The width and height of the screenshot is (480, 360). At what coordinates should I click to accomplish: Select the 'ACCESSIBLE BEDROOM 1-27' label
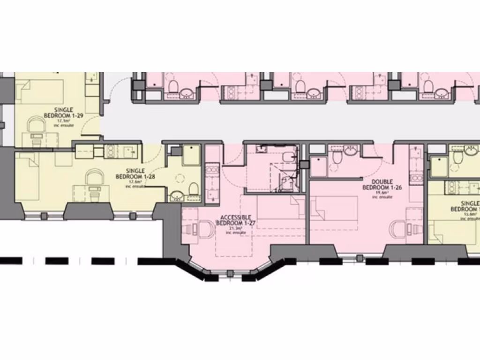[236, 220]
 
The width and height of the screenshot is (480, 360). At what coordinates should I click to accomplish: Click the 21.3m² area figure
[236, 228]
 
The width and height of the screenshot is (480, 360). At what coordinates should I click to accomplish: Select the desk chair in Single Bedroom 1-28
[95, 177]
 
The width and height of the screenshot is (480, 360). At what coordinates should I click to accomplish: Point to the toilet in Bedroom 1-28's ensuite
[192, 189]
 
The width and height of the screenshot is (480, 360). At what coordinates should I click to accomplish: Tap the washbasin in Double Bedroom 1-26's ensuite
[350, 150]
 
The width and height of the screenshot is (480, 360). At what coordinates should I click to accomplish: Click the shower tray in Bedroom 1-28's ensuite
[191, 155]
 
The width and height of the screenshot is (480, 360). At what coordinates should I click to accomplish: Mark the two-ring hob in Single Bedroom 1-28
[112, 151]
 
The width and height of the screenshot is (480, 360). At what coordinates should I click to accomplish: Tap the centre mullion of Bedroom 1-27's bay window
[229, 273]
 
